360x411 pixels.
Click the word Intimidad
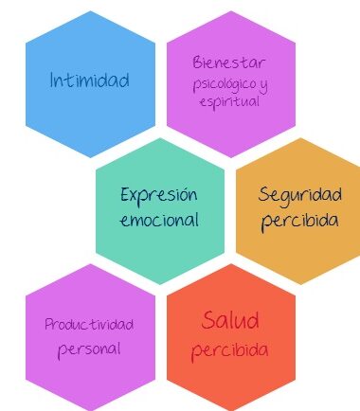point(90,80)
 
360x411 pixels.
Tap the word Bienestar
point(229,63)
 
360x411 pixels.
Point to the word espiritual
point(229,102)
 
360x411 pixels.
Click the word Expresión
point(159,195)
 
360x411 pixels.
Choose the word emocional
point(159,220)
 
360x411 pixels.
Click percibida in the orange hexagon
point(299,221)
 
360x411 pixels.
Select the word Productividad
point(89,324)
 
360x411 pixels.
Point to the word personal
point(89,349)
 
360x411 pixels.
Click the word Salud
point(230,320)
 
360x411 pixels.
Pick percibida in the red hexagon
point(230,350)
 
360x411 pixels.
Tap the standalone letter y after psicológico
point(263,85)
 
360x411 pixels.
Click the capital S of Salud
point(208,320)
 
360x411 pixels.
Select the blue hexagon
point(90,84)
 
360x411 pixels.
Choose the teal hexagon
point(160,211)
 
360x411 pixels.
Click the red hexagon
point(231,337)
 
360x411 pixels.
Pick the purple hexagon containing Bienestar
point(231,84)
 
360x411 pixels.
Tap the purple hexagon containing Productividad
point(90,337)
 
